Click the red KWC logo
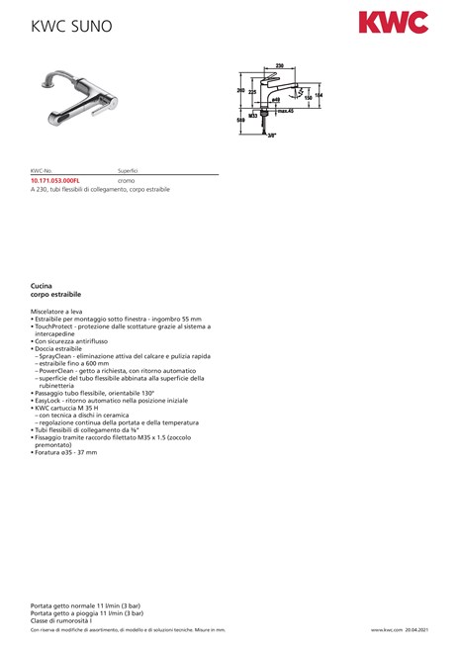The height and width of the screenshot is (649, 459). [393, 22]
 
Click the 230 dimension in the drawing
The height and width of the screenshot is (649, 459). [280, 65]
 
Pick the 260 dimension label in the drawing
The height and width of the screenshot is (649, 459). [240, 89]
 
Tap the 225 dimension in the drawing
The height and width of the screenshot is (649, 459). [252, 92]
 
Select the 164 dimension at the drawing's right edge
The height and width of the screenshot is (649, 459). [318, 94]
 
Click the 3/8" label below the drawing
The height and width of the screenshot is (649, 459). [271, 136]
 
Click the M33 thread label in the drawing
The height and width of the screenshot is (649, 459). [252, 115]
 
